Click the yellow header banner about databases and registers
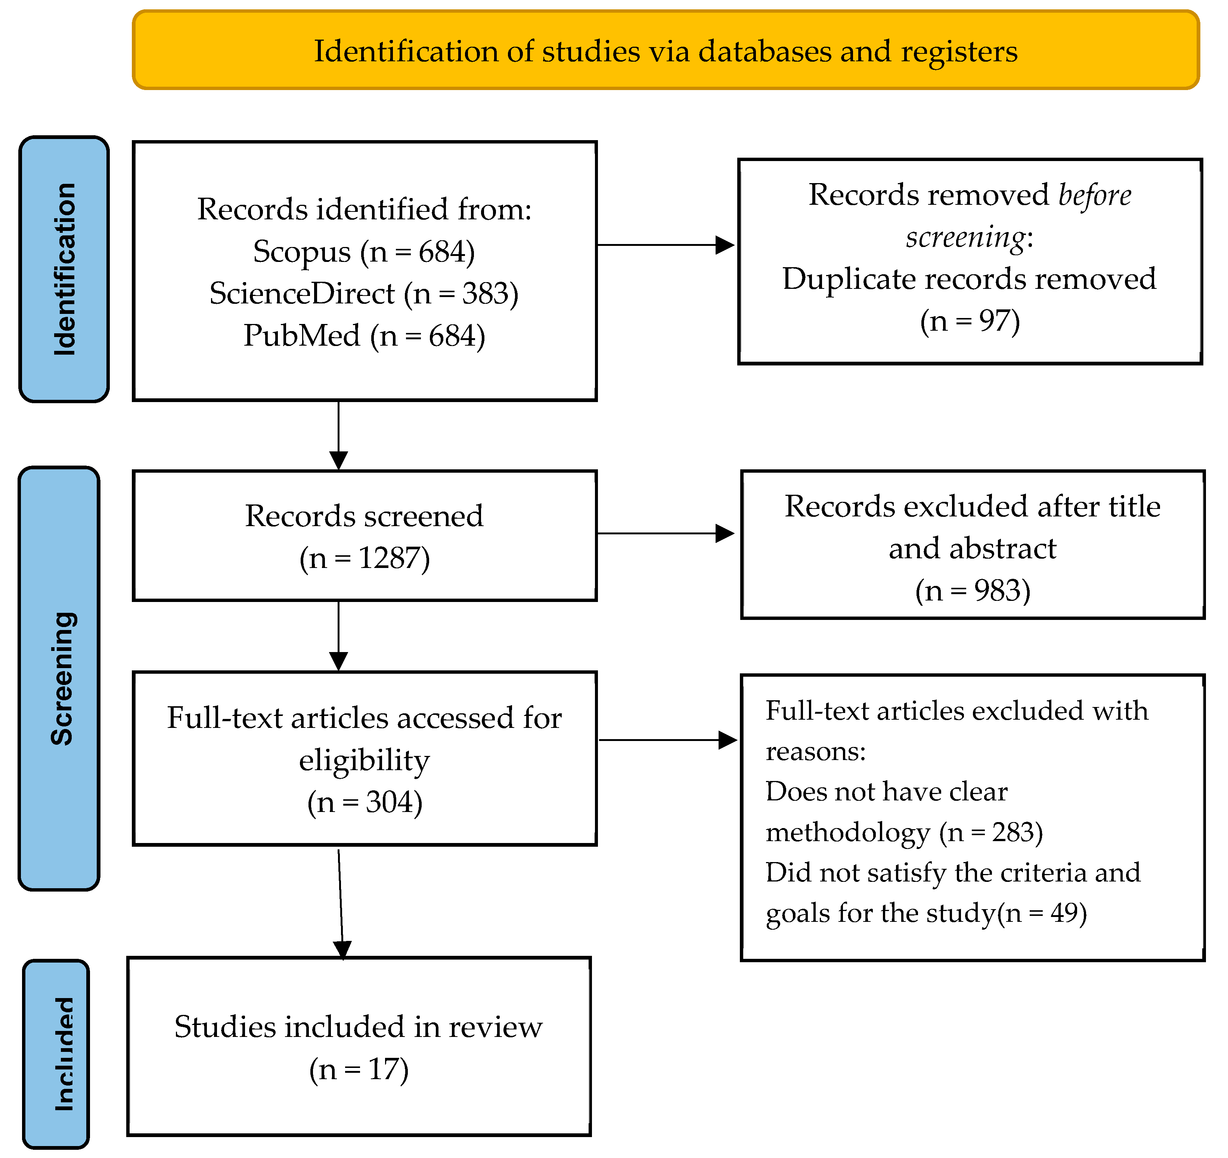pyautogui.click(x=665, y=51)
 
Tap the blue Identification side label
pyautogui.click(x=64, y=269)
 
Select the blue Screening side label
pyautogui.click(x=60, y=679)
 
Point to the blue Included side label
pyautogui.click(x=57, y=1054)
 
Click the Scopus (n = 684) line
pyautogui.click(x=364, y=251)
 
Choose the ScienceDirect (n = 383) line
pyautogui.click(x=364, y=293)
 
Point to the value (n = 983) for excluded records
pyautogui.click(x=972, y=591)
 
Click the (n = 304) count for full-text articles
pyautogui.click(x=365, y=802)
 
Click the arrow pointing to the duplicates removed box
pyautogui.click(x=665, y=245)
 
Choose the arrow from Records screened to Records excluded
pyautogui.click(x=665, y=533)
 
